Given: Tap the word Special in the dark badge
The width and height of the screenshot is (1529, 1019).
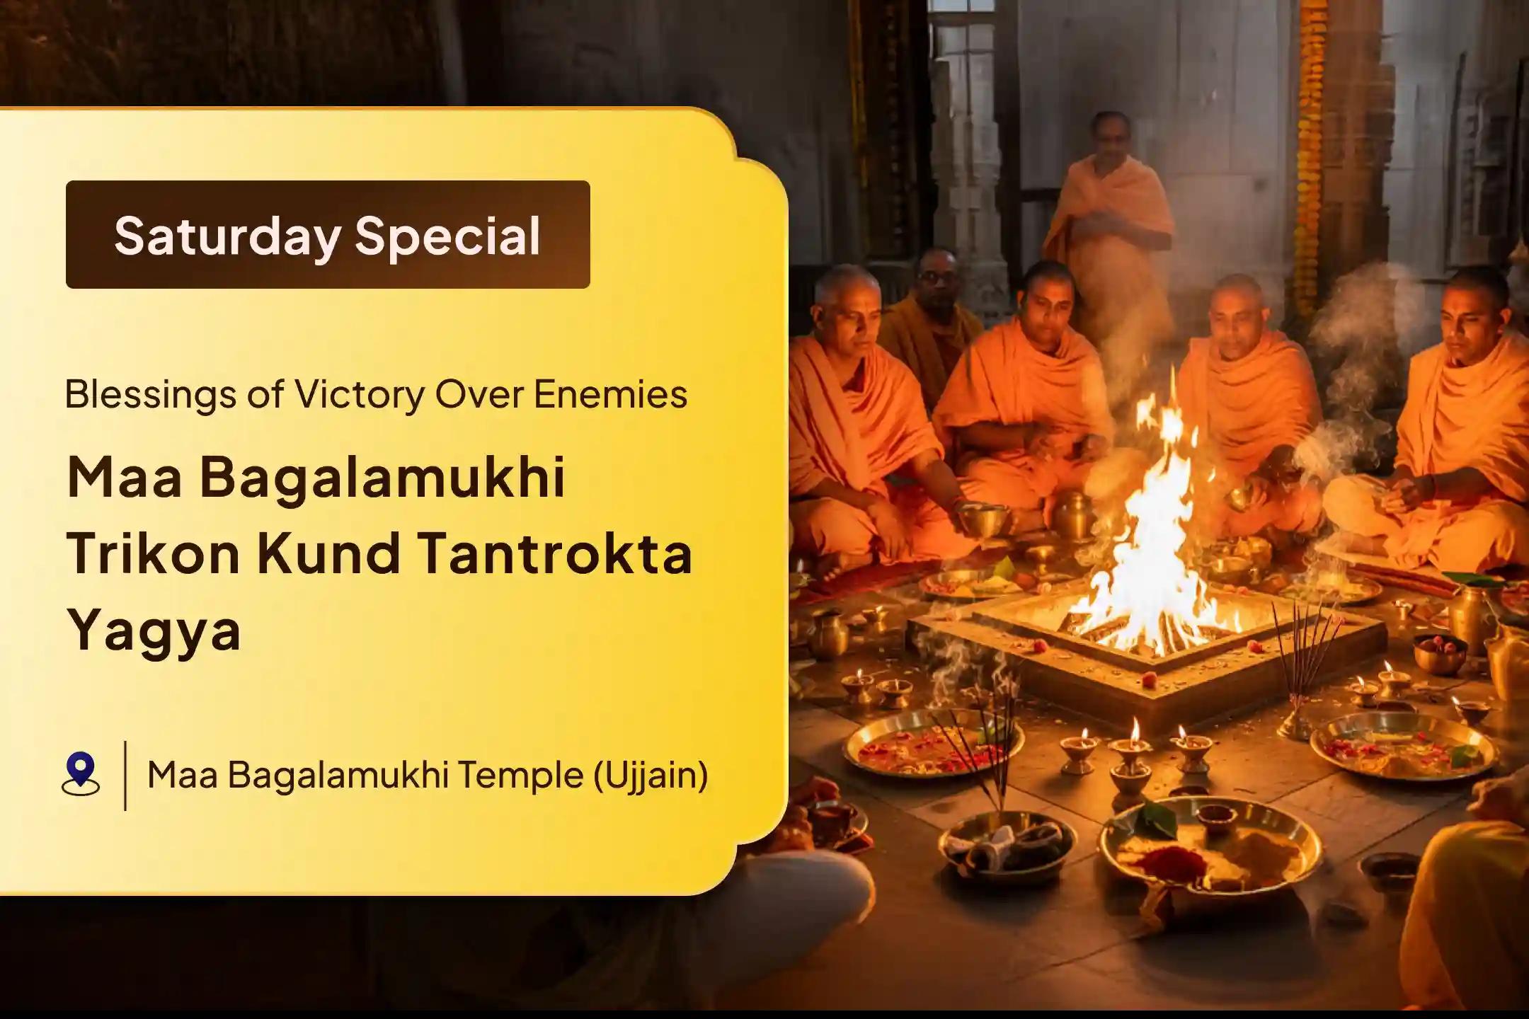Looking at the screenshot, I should point(447,236).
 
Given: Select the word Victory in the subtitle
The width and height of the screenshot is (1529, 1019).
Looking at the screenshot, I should point(359,395).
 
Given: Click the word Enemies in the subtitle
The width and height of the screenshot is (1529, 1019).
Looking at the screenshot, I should point(610,395).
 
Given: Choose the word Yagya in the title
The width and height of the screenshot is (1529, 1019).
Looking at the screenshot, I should point(154,630).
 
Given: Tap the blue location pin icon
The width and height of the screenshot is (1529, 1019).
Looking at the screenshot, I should point(81,773).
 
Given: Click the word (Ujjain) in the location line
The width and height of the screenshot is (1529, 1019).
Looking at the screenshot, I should point(650,776).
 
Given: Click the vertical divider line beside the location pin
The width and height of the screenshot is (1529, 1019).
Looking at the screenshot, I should point(125,776).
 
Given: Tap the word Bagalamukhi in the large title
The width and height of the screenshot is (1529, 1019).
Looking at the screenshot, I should point(382,478).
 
